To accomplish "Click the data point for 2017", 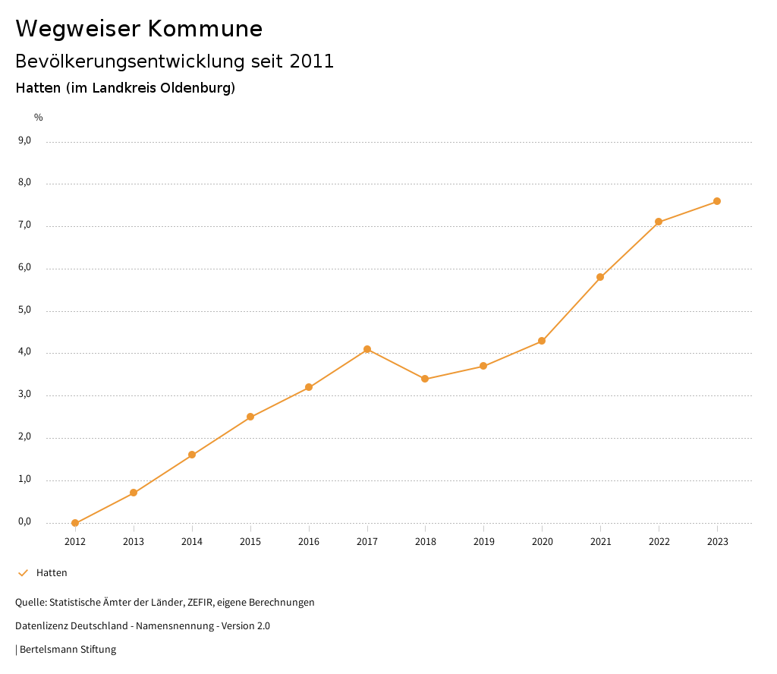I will (x=367, y=349).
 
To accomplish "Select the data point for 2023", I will (x=717, y=201).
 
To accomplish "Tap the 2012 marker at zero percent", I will (x=75, y=523).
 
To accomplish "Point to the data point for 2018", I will (x=425, y=379).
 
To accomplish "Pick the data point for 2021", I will (x=600, y=277).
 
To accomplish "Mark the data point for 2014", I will (x=192, y=455).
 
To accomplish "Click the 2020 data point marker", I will (x=542, y=341).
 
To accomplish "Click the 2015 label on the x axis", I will (x=250, y=542).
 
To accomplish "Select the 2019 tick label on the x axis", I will (x=483, y=542).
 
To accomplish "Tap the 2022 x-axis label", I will (x=659, y=542).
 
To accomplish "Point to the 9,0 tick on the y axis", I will (x=24, y=140).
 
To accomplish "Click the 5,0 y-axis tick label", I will (x=24, y=310).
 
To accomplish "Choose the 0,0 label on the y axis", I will (x=24, y=521).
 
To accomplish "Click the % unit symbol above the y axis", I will (x=39, y=118).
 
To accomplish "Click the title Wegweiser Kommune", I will (x=139, y=29).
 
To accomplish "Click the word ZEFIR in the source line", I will (x=200, y=603).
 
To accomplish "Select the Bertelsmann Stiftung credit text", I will (x=68, y=650).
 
